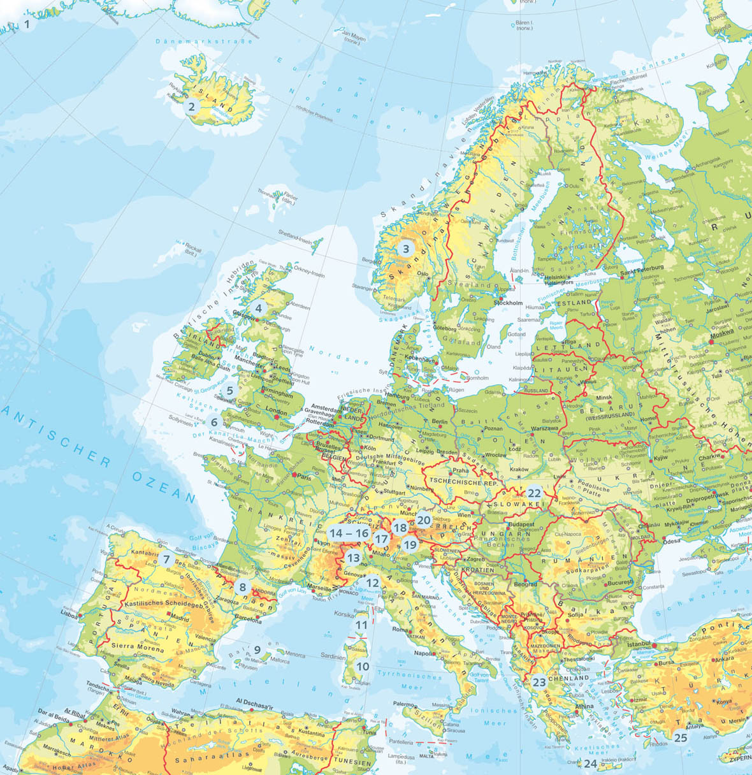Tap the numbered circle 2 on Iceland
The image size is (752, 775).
coord(191,107)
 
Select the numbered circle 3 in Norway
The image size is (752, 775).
coord(405,249)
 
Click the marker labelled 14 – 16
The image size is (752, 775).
coord(349,533)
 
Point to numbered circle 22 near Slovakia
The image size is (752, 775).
coord(534,493)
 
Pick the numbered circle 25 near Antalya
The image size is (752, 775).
coord(681,737)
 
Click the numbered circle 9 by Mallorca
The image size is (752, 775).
coord(257,651)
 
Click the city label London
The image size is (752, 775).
coord(277,411)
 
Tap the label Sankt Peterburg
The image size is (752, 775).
coord(642,268)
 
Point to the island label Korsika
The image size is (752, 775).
coord(343,614)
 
